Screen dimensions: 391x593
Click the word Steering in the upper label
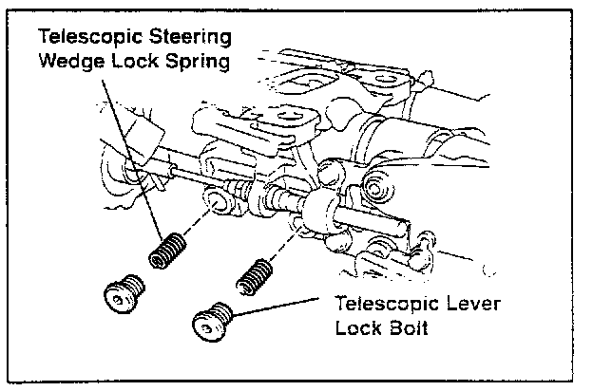pyautogui.click(x=181, y=38)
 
